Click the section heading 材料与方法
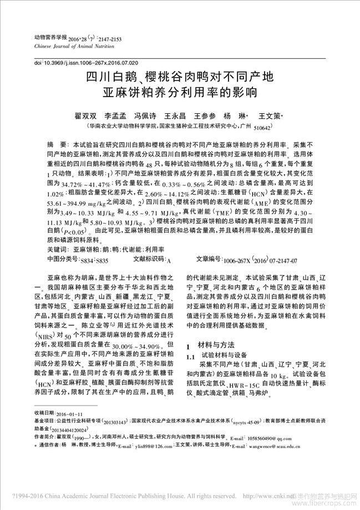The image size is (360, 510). (218, 345)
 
